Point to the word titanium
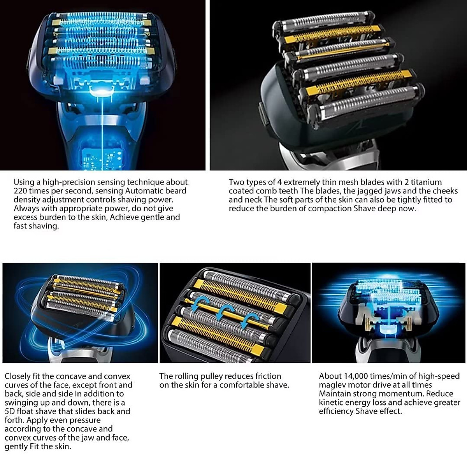pyautogui.click(x=426, y=182)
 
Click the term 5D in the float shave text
pyautogui.click(x=10, y=411)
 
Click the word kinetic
pyautogui.click(x=331, y=403)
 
